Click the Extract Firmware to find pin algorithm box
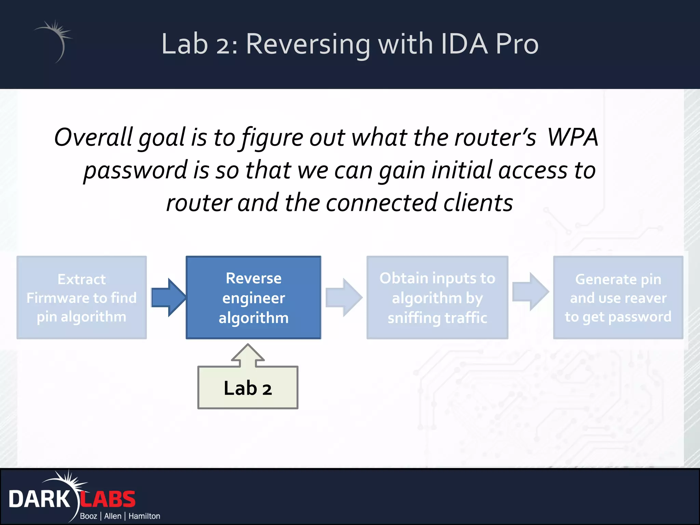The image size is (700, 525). point(82,297)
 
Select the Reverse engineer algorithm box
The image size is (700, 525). point(253,297)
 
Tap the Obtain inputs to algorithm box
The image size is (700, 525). point(437,297)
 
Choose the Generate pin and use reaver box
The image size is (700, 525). point(618,297)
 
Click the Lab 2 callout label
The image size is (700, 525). point(248,388)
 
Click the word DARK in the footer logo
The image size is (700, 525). point(39,499)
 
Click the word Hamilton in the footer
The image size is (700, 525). point(144,516)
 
